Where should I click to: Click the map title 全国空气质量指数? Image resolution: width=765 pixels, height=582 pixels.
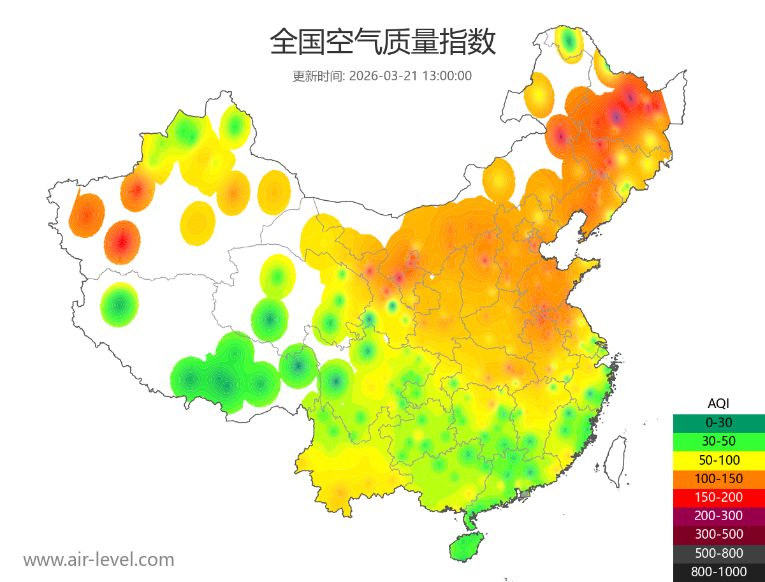tap(382, 43)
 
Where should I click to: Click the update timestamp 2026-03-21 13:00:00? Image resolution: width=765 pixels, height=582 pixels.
tap(411, 76)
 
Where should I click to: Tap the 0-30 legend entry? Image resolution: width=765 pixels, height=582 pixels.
tap(718, 423)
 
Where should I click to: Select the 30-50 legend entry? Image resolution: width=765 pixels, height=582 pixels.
tap(718, 441)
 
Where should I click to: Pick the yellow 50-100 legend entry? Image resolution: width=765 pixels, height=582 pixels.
tap(718, 460)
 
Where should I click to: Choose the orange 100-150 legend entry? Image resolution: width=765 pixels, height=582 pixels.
tap(718, 479)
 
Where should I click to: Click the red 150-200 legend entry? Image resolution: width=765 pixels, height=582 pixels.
tap(718, 497)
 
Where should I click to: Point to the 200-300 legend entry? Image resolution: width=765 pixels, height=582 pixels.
tap(718, 516)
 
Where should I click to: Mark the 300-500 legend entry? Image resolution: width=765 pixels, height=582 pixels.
tap(718, 534)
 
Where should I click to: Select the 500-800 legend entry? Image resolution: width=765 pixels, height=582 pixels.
tap(718, 553)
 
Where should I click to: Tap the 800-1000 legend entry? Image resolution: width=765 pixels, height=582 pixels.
tap(718, 572)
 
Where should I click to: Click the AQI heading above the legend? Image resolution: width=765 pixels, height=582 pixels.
tap(718, 404)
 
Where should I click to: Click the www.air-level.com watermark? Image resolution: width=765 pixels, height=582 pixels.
tap(99, 560)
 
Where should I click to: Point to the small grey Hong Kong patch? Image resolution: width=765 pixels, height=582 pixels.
tap(525, 494)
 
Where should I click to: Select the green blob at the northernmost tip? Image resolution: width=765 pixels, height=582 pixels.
tap(569, 43)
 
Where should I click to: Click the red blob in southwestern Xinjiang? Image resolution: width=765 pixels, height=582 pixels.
tap(122, 242)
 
